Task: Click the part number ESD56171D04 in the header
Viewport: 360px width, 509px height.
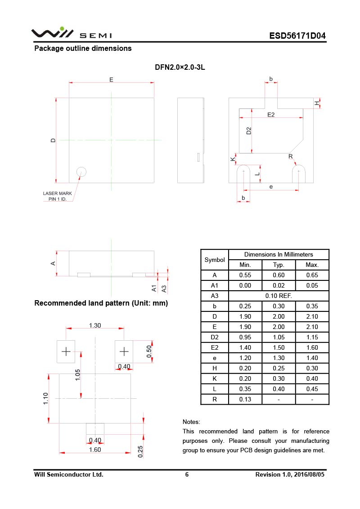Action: [x=297, y=36]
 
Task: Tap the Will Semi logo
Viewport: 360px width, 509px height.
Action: [x=71, y=34]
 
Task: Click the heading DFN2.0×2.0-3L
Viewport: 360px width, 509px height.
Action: [x=180, y=67]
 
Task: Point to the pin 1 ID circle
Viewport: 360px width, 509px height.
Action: [x=81, y=171]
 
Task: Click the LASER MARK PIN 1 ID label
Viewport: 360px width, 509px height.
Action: [x=58, y=196]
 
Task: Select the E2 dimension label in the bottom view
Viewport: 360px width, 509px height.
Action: [x=271, y=115]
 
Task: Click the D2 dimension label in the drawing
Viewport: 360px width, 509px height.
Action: [x=249, y=131]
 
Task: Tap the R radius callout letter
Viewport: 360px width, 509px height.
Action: [x=291, y=157]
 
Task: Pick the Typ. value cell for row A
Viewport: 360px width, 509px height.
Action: [x=279, y=275]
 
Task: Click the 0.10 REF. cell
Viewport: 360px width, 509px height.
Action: [x=279, y=296]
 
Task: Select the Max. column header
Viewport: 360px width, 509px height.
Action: [x=312, y=265]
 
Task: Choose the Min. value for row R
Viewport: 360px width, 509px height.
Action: [x=245, y=399]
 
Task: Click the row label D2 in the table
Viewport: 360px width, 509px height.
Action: [x=215, y=337]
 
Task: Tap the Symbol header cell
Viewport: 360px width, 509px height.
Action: [x=215, y=260]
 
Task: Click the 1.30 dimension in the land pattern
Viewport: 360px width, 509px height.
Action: [x=95, y=325]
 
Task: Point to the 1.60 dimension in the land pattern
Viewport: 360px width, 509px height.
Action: [x=95, y=449]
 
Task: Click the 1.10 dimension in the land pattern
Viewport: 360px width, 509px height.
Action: [x=46, y=398]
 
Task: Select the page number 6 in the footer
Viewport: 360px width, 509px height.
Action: [x=187, y=474]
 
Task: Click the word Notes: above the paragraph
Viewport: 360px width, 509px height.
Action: [x=191, y=422]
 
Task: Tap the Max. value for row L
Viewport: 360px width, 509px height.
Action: [x=312, y=389]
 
